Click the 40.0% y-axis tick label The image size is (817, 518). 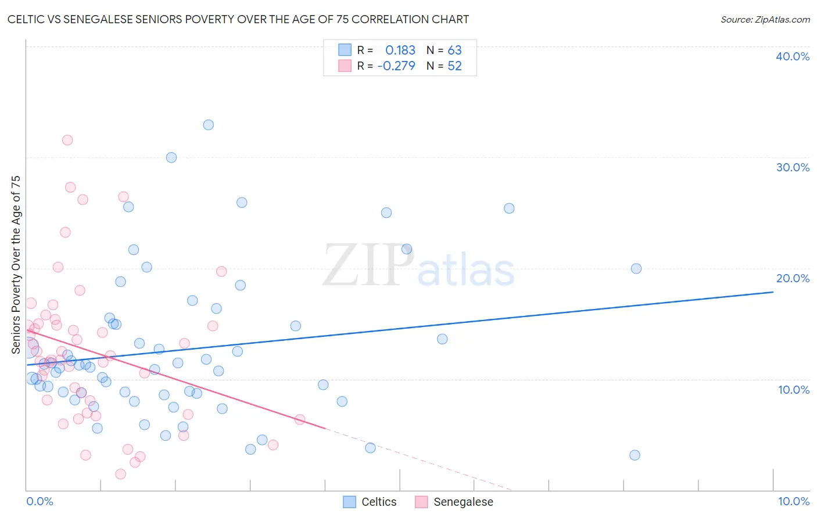click(793, 56)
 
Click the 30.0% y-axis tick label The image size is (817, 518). click(793, 167)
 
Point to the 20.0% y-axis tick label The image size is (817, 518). click(793, 278)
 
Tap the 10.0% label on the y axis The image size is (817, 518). click(794, 390)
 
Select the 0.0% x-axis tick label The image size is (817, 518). click(40, 501)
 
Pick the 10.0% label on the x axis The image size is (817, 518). click(794, 501)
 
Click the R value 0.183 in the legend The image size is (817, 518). click(400, 50)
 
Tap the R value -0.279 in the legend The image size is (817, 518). click(396, 66)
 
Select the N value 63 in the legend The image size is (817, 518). click(454, 50)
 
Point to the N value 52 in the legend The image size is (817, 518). click(454, 66)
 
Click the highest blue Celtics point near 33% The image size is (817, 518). click(208, 125)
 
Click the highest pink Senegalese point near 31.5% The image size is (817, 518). click(67, 140)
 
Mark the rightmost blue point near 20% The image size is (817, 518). click(636, 268)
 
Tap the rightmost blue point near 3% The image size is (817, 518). click(635, 455)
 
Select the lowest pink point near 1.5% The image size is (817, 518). click(120, 474)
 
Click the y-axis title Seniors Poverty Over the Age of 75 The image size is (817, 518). click(16, 265)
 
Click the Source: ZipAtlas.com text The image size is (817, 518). click(765, 20)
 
